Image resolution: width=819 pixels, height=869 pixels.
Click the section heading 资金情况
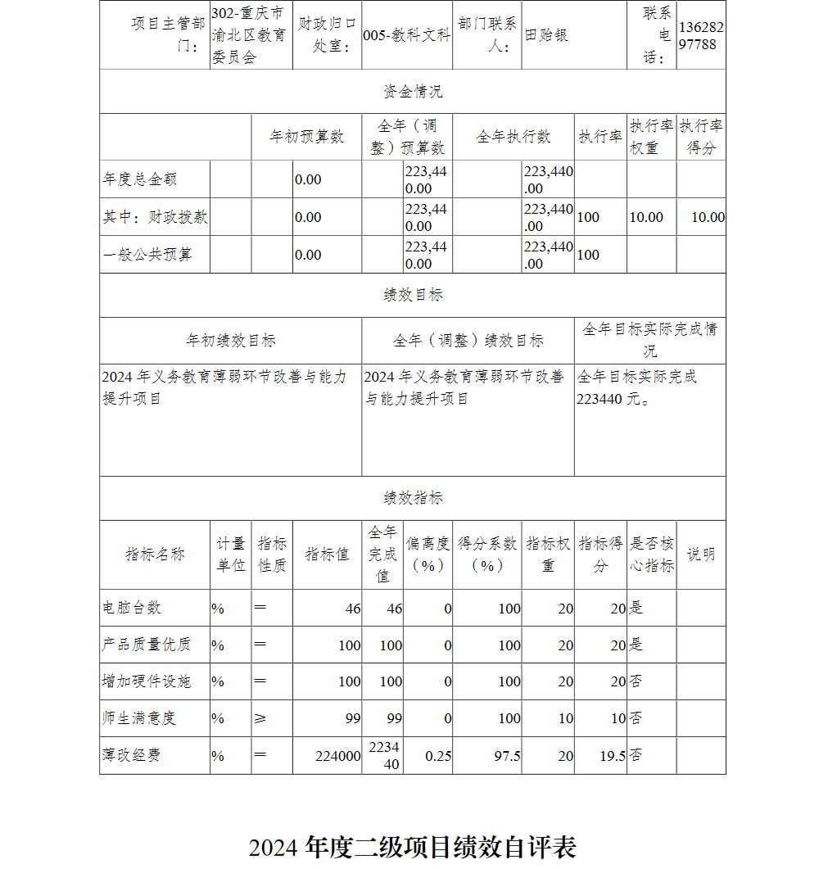(x=413, y=92)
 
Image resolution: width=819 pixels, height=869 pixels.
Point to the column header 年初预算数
(x=306, y=137)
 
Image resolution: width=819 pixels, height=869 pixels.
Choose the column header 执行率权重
(x=651, y=137)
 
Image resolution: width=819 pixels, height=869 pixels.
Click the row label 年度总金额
(x=140, y=179)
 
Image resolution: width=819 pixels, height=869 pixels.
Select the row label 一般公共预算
(x=147, y=255)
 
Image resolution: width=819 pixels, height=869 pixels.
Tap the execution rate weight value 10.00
(x=646, y=217)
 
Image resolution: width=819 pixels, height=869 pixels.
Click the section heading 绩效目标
(x=413, y=295)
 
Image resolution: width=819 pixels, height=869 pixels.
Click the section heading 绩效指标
(x=413, y=498)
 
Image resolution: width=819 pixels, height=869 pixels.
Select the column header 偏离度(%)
(x=428, y=554)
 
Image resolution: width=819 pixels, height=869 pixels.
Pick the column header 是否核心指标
(x=651, y=554)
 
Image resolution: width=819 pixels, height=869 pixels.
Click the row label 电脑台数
(x=132, y=608)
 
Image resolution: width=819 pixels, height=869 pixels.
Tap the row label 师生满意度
(x=139, y=718)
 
